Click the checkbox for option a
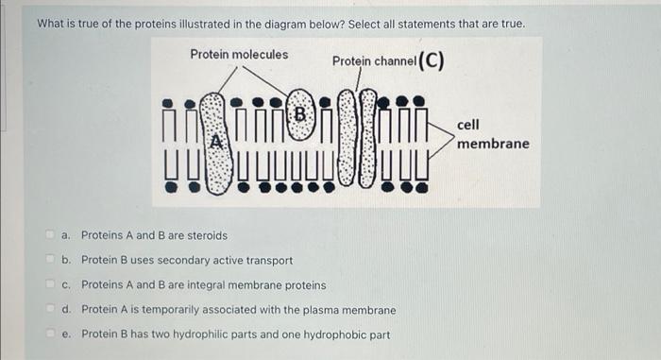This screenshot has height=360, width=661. pos(50,234)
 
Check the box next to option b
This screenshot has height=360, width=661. pos(50,259)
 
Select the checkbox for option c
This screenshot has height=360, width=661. pos(50,284)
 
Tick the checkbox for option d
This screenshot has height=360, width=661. pos(50,309)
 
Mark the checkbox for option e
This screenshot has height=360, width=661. pos(50,334)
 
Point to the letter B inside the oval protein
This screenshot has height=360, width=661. pos(299,114)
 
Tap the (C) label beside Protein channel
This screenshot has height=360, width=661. pos(432,60)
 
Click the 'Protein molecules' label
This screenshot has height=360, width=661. pos(239,55)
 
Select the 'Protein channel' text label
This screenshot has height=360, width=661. pos(374,61)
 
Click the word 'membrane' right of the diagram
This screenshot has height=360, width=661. pos(493,144)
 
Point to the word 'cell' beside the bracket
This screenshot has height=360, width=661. pos(468,125)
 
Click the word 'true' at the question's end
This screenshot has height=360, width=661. pos(513,24)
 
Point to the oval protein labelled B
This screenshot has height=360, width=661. pos(300,114)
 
